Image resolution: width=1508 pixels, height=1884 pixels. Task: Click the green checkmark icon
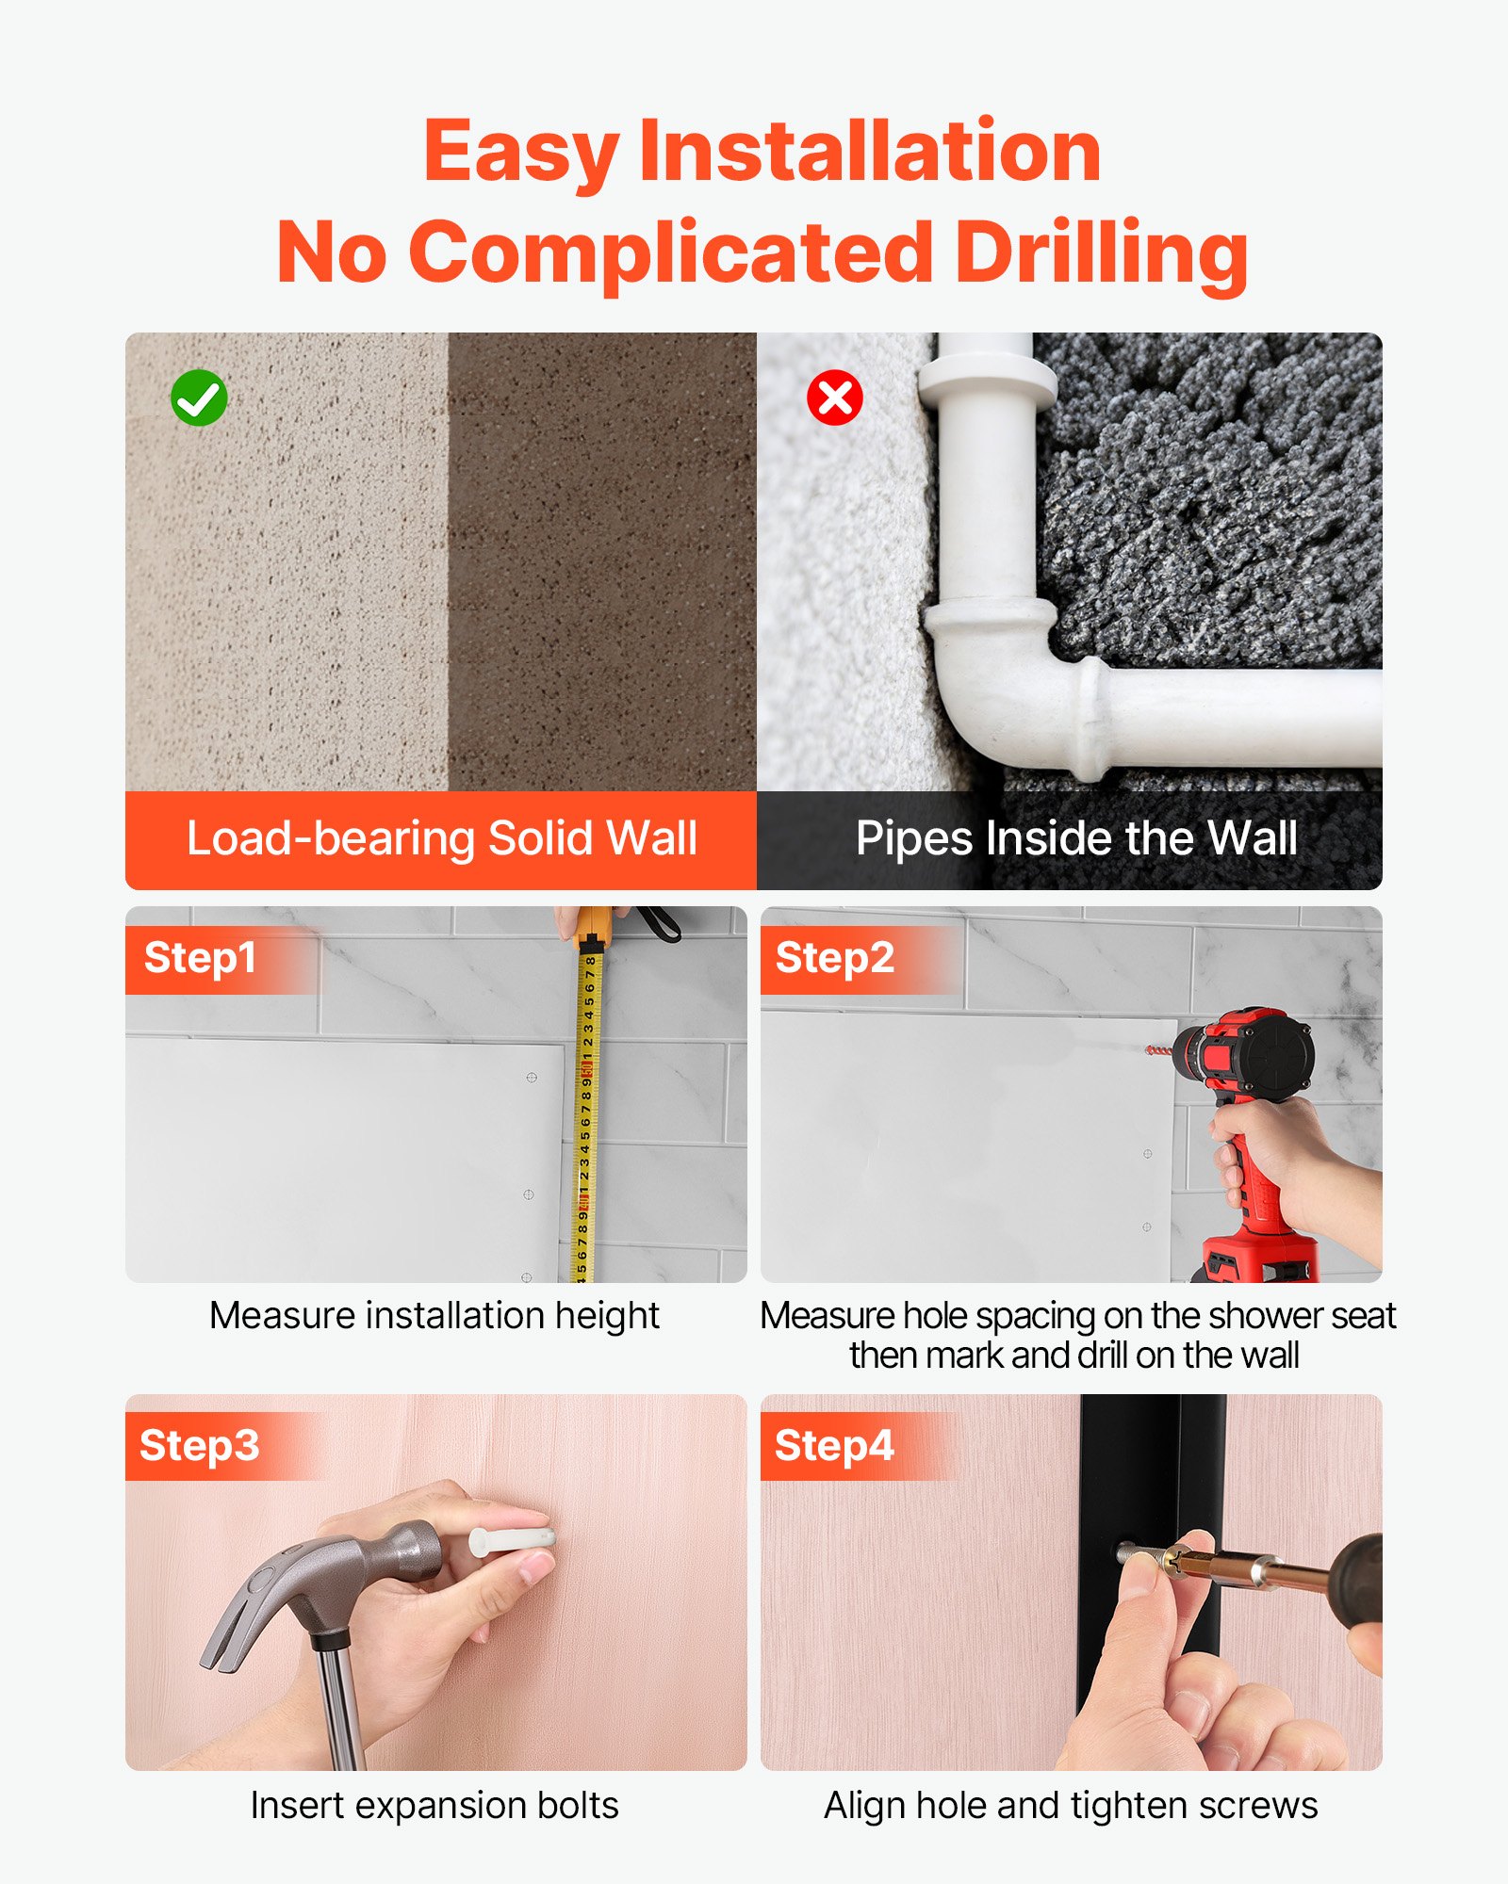pos(199,398)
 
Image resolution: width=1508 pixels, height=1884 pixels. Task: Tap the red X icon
pos(835,398)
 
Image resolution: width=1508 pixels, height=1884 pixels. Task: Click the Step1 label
pos(200,958)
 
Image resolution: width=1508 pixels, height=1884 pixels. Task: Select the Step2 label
pos(834,958)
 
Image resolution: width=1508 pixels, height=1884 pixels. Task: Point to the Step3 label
pos(199,1446)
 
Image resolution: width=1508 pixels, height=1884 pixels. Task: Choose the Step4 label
pos(834,1446)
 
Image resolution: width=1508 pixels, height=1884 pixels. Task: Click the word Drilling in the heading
pos(1102,253)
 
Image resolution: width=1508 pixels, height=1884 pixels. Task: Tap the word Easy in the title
pos(521,153)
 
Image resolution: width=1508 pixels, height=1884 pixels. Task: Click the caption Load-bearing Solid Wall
pos(441,837)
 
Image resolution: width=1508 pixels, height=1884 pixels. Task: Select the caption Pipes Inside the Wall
pos(1076,837)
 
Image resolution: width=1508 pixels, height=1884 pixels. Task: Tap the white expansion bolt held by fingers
pos(510,1542)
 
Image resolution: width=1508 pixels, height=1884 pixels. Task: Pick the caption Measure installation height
pos(434,1316)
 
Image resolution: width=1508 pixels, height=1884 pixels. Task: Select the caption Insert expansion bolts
pos(434,1806)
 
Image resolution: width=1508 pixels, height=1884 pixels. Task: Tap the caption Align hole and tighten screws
pos(1071,1806)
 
